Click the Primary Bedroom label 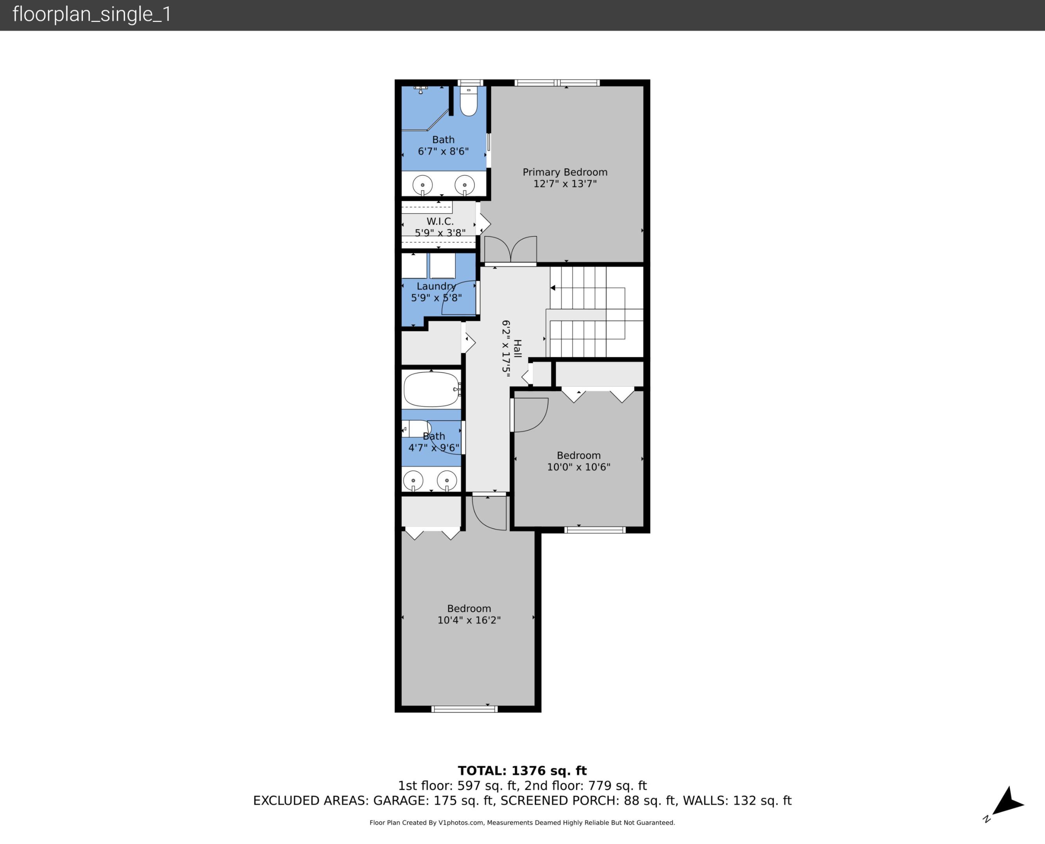click(565, 172)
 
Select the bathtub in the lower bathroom click(431, 389)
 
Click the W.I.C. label click(440, 221)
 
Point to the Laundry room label click(436, 286)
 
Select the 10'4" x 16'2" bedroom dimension click(469, 620)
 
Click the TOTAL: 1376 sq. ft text click(522, 771)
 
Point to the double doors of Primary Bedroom click(510, 250)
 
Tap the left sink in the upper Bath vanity click(422, 185)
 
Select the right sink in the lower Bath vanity click(447, 480)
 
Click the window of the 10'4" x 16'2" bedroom click(464, 709)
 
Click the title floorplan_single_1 click(92, 14)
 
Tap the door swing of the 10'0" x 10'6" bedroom click(531, 414)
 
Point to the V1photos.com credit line click(522, 823)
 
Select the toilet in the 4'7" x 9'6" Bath click(417, 429)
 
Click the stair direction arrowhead click(553, 288)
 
